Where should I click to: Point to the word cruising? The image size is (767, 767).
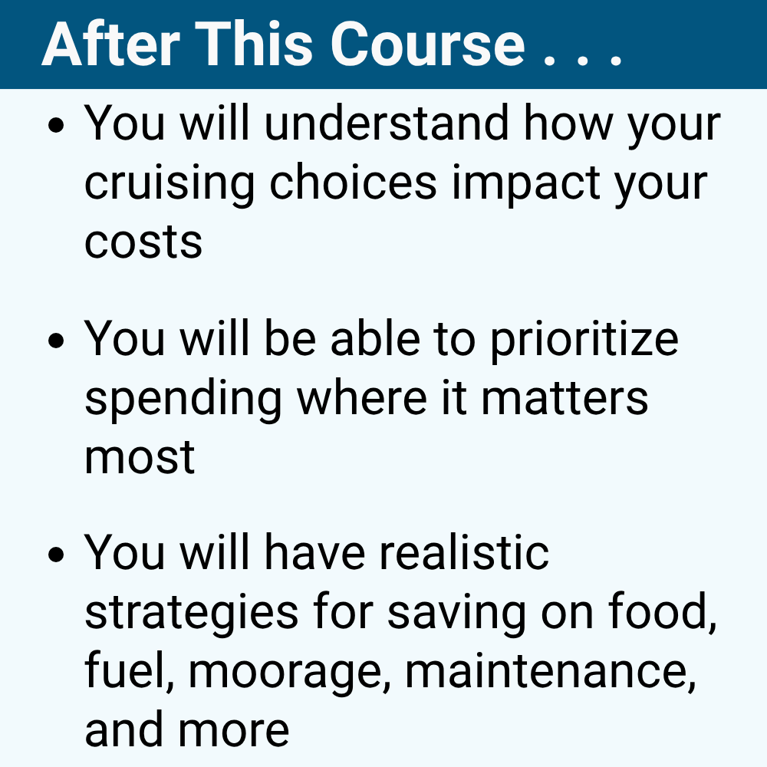tap(176, 184)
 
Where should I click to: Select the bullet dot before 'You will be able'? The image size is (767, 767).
tap(55, 341)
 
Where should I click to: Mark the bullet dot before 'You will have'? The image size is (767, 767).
tap(55, 556)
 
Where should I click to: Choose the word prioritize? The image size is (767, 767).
tap(584, 339)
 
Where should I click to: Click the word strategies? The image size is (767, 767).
tap(191, 614)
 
